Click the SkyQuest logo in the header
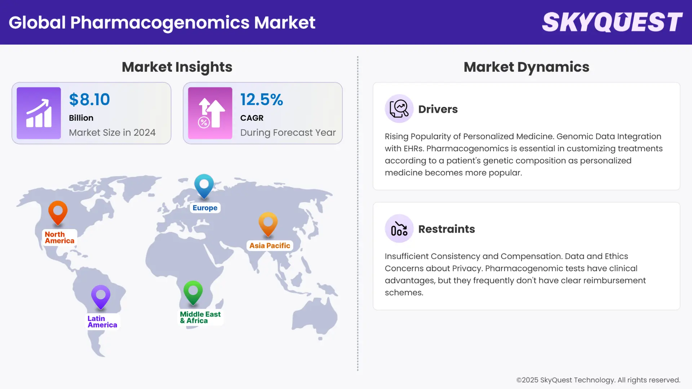point(612,22)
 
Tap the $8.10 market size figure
point(89,99)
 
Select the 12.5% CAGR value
point(262,99)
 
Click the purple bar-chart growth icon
point(39,113)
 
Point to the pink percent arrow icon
point(210,113)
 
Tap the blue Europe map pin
point(204,185)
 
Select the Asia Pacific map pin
point(268,223)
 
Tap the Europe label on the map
point(205,208)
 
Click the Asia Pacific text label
point(270,246)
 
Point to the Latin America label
point(102,322)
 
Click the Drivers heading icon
point(399,109)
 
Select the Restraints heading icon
point(399,229)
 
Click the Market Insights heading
point(177,67)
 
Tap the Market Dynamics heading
point(526,67)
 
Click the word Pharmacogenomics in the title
point(160,23)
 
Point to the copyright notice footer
point(598,380)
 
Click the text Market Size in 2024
point(112,133)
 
